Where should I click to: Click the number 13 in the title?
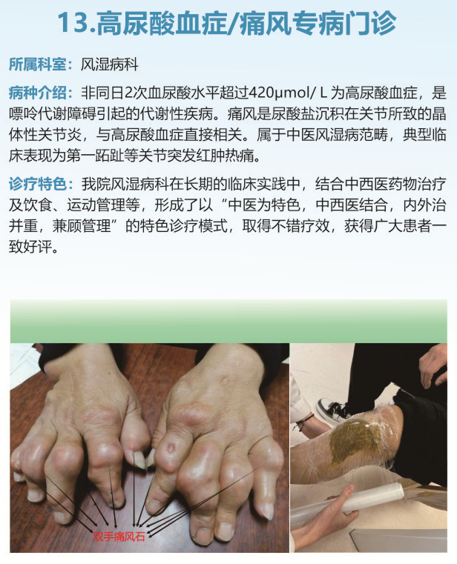click(73, 23)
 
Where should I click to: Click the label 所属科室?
click(38, 64)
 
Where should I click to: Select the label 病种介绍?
click(38, 93)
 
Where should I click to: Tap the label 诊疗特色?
click(38, 184)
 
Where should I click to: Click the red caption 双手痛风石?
click(119, 537)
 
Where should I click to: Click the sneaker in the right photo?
click(333, 412)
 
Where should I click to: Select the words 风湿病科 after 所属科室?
click(110, 64)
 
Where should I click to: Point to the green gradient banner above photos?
click(228, 321)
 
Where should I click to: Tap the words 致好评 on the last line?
click(30, 247)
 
